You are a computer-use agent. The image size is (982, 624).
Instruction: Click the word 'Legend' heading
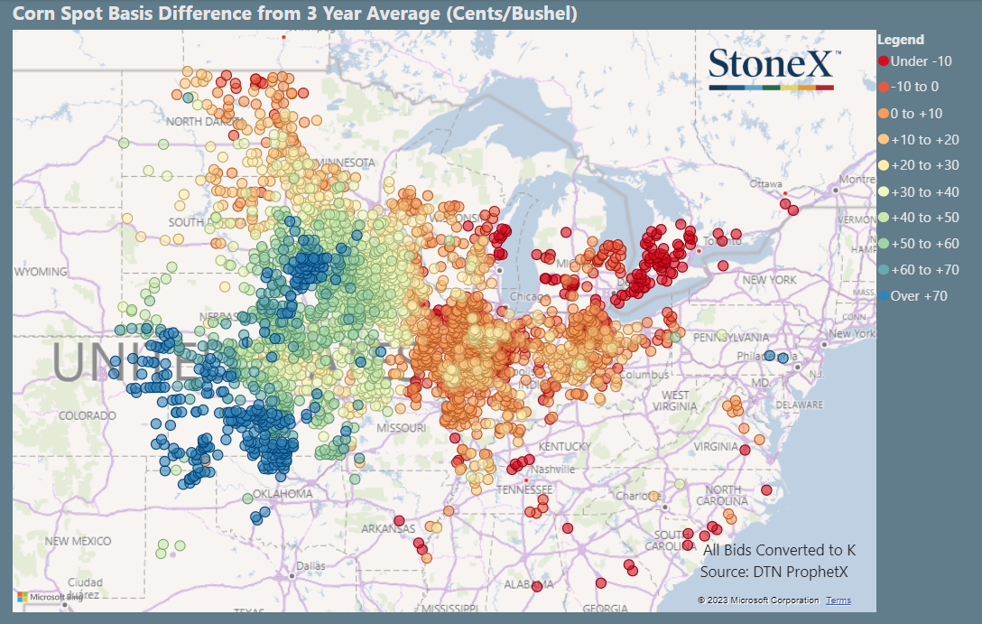point(901,40)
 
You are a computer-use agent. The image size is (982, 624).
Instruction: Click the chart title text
point(294,14)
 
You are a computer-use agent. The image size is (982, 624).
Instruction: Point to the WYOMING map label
point(41,272)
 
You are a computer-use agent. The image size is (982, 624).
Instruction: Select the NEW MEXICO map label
point(78,541)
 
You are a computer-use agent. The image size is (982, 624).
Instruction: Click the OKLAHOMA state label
point(283,494)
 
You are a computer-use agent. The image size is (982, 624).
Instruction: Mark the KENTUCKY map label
point(564,447)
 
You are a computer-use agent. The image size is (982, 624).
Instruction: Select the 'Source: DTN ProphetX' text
point(774,572)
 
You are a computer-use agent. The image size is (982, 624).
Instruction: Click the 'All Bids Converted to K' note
point(779,550)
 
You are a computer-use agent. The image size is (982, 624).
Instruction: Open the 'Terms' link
point(838,601)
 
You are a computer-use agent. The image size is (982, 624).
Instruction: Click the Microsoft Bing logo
point(51,597)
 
